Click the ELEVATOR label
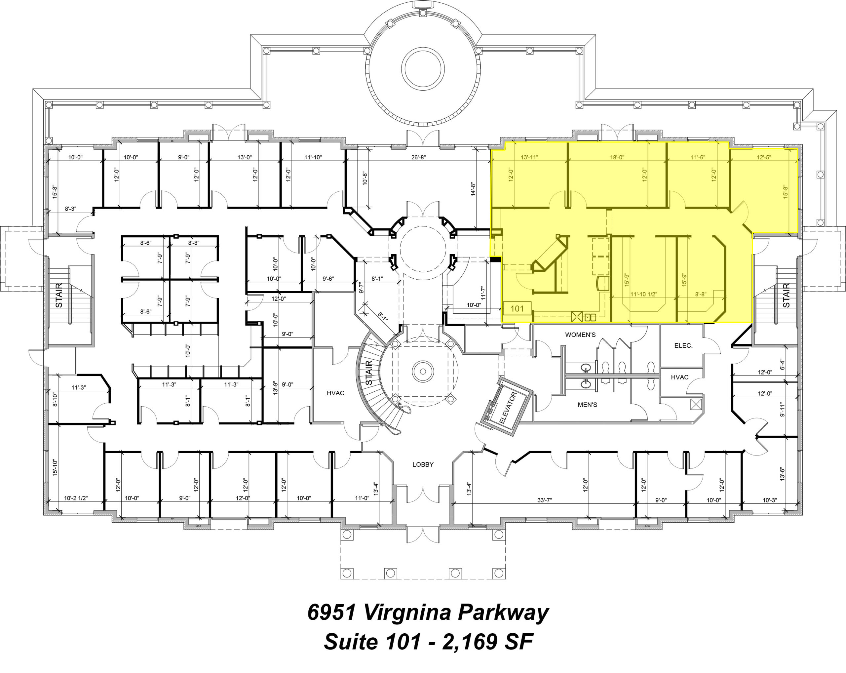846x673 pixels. coord(509,408)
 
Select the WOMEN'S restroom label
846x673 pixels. coord(580,335)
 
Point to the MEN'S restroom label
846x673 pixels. coord(588,405)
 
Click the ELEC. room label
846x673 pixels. coord(683,346)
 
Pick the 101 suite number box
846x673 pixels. coord(517,309)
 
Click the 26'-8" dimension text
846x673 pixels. coord(418,157)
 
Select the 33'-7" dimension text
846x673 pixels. coord(545,500)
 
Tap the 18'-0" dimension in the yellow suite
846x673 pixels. coord(617,157)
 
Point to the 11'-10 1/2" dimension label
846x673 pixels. coord(644,294)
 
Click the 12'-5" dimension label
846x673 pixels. coord(764,157)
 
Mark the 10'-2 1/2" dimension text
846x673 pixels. coord(76,498)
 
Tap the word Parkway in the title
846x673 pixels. coord(503,612)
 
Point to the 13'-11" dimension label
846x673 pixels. coord(529,157)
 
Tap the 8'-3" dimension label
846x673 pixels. coord(71,209)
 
